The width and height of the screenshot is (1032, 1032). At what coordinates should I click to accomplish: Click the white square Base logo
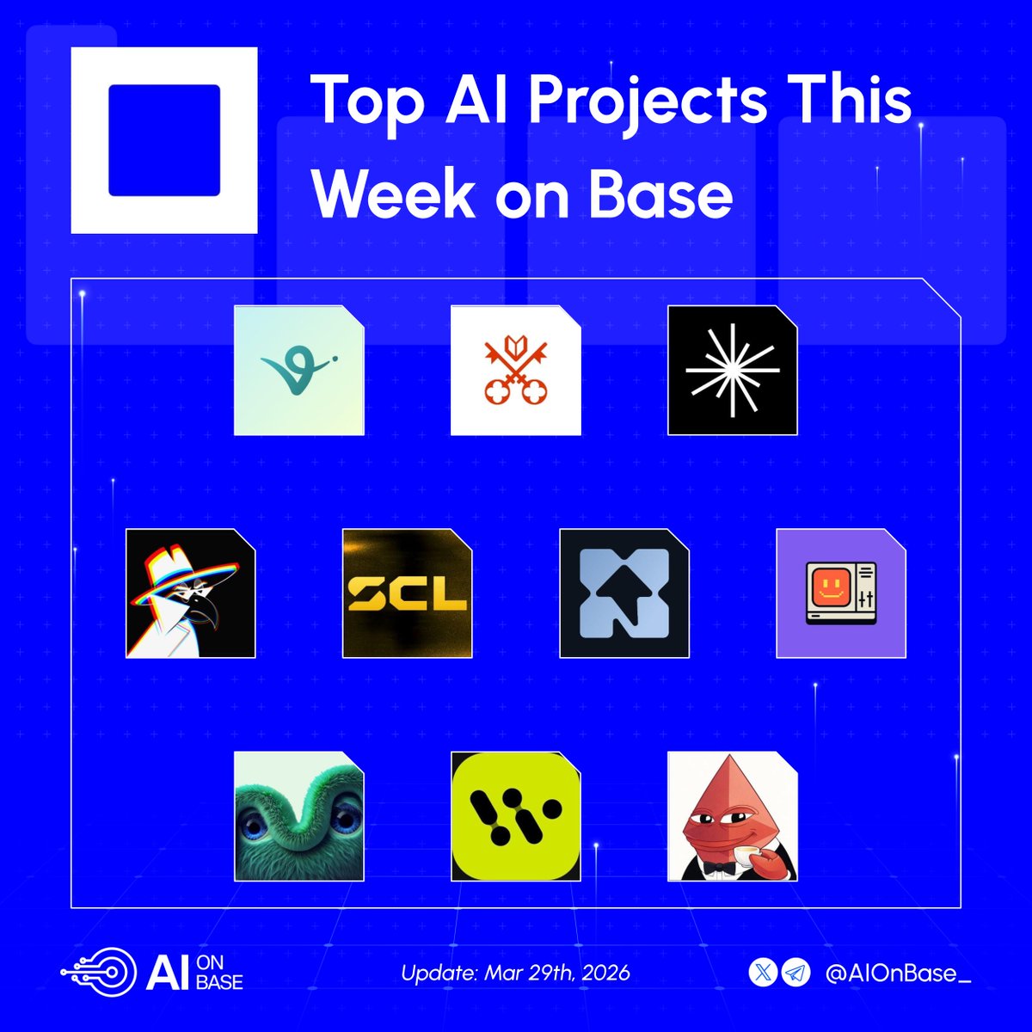(x=163, y=140)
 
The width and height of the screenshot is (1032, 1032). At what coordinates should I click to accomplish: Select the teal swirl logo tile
(x=298, y=370)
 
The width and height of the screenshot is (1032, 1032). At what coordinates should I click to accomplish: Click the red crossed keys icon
(x=515, y=370)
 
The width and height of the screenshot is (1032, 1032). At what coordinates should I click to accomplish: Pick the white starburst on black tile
(x=732, y=370)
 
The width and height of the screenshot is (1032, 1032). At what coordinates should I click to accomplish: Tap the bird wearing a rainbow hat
(x=190, y=593)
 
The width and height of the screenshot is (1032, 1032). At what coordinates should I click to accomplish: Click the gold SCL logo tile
(x=407, y=593)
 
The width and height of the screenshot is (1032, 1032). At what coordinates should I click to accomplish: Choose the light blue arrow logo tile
(x=623, y=593)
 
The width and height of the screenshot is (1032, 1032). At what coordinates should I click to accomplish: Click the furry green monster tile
(x=298, y=817)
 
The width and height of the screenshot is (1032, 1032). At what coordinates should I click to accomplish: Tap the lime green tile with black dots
(x=515, y=817)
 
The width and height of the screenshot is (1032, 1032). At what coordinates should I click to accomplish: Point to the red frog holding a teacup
(x=732, y=817)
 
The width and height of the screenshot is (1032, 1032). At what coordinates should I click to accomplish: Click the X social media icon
(x=764, y=974)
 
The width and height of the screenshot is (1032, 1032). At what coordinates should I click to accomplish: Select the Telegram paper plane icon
(x=796, y=974)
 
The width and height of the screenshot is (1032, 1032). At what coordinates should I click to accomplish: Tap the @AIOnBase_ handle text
(x=897, y=974)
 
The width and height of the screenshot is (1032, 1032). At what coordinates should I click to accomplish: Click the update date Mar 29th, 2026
(x=515, y=974)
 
